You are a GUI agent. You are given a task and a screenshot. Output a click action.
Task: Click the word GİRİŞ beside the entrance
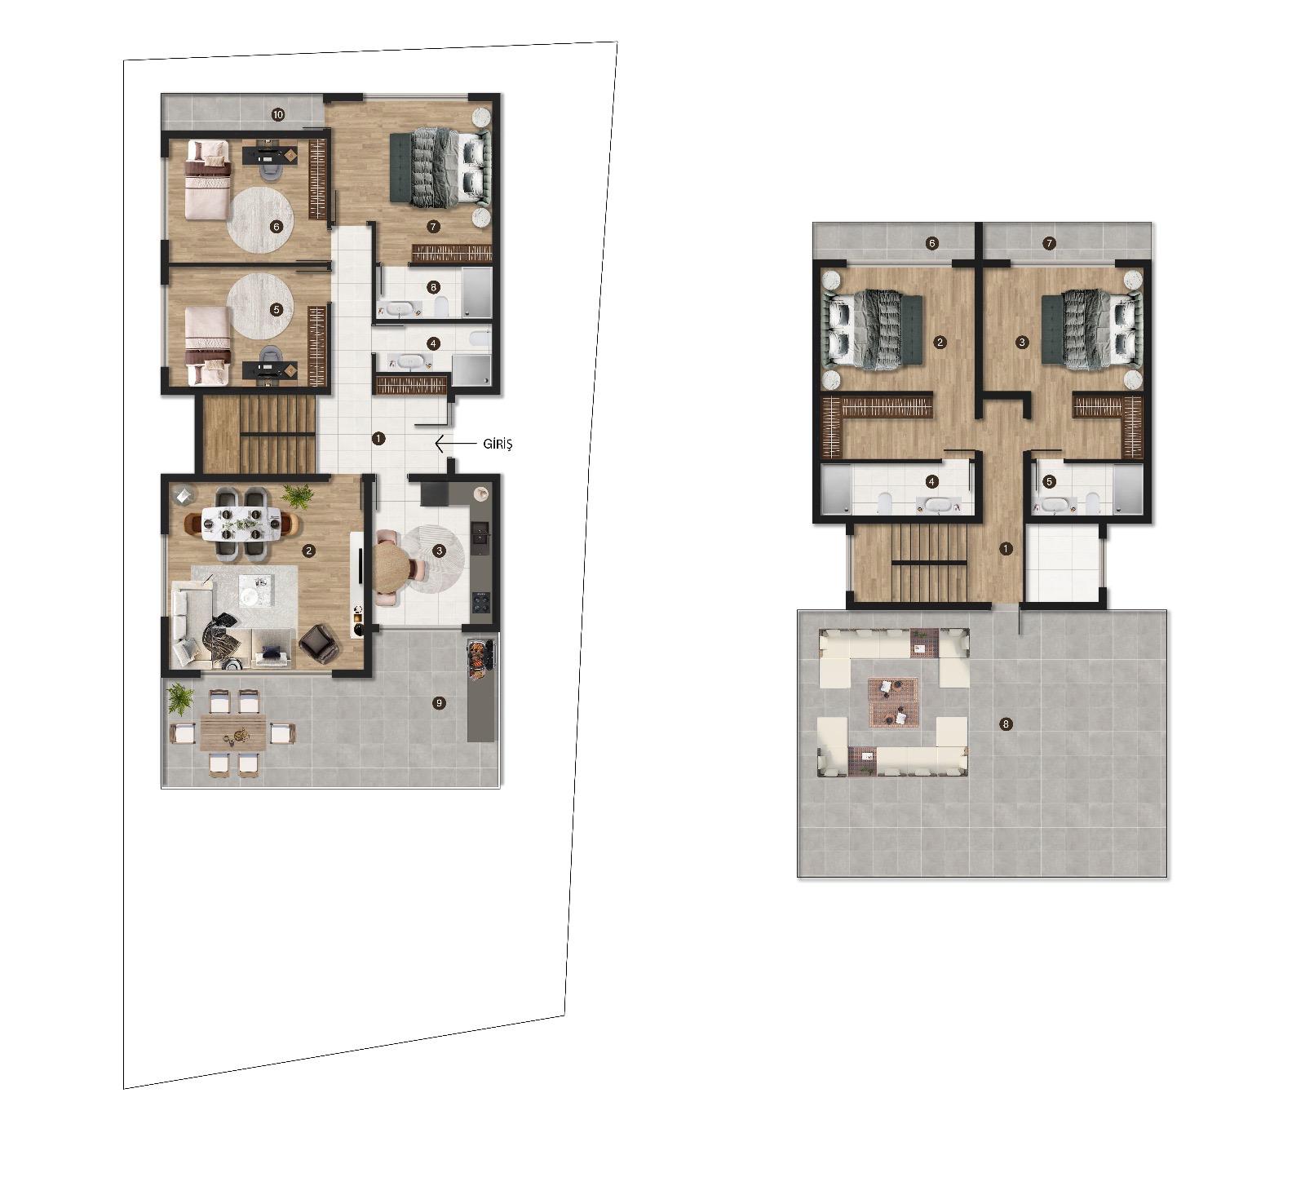[x=498, y=445]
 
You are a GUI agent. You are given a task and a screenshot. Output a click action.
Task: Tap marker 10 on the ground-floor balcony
[x=278, y=115]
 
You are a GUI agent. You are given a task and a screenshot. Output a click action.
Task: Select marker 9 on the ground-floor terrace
[x=440, y=702]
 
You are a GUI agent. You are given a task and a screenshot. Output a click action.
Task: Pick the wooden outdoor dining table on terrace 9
[x=234, y=732]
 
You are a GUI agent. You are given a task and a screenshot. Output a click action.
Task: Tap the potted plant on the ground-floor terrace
[x=179, y=698]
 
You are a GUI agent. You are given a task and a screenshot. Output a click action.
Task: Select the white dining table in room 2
[x=241, y=524]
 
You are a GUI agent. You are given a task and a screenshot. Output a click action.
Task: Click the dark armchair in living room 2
[x=318, y=643]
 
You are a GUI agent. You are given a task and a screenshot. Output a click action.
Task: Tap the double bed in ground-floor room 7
[x=438, y=169]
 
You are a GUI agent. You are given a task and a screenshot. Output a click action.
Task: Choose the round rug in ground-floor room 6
[x=260, y=219]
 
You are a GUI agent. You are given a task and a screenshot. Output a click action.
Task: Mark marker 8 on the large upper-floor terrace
[x=1006, y=723]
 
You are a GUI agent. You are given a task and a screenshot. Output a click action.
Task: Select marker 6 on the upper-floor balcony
[x=932, y=243]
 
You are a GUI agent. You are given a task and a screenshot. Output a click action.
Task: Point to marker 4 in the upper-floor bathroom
[x=932, y=482]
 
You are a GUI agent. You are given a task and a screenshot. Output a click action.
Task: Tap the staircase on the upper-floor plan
[x=928, y=564]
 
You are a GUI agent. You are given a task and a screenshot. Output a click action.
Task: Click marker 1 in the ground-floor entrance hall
[x=378, y=438]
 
